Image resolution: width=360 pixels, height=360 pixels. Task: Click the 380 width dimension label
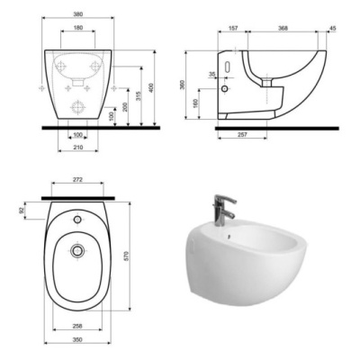[77, 14]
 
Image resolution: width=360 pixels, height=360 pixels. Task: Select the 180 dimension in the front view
[77, 28]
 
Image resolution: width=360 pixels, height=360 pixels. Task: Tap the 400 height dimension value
[151, 88]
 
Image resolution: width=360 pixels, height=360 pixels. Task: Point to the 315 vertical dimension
[139, 96]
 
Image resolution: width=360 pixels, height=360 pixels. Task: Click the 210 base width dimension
[78, 147]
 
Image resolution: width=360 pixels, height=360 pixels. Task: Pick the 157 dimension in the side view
[233, 28]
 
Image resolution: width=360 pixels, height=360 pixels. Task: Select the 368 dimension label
[283, 28]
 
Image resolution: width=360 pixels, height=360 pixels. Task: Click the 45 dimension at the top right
[333, 28]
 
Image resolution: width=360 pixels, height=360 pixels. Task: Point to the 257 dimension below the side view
[242, 135]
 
